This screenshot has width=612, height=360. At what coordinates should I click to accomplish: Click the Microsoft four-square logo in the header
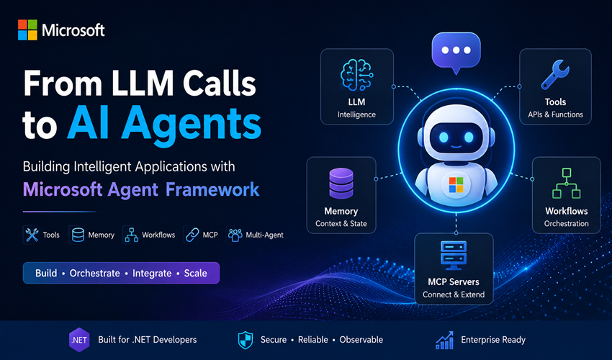point(27,30)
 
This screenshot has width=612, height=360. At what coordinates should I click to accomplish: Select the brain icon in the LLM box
point(356,75)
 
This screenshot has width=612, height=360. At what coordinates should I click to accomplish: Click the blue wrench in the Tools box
point(555,74)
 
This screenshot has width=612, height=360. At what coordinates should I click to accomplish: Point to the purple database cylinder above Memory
point(341,184)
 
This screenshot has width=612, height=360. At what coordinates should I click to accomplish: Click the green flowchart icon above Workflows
point(567,183)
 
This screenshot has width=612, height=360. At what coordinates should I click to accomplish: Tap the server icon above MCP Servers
point(453,256)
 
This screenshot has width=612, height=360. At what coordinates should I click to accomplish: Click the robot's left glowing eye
point(444,137)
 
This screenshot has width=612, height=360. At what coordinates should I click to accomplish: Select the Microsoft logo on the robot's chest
point(456,185)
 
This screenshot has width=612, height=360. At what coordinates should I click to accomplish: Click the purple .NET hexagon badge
point(79,340)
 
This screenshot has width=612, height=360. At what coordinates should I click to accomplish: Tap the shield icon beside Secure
point(246,340)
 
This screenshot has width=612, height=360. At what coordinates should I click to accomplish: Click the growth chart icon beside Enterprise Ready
point(444,340)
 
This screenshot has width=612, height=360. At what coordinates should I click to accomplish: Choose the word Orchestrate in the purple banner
point(95,273)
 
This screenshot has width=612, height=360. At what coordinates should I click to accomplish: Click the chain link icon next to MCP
point(192,235)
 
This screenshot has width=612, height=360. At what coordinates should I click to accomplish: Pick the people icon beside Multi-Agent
point(235,235)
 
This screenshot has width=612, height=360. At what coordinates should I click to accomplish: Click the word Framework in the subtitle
point(212,189)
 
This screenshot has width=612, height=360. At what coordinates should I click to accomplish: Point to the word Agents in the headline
point(191,124)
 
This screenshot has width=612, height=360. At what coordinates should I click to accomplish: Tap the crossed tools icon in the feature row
point(32,235)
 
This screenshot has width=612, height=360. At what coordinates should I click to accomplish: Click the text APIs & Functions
point(555,114)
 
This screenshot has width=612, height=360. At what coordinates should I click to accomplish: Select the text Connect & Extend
point(454,294)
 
